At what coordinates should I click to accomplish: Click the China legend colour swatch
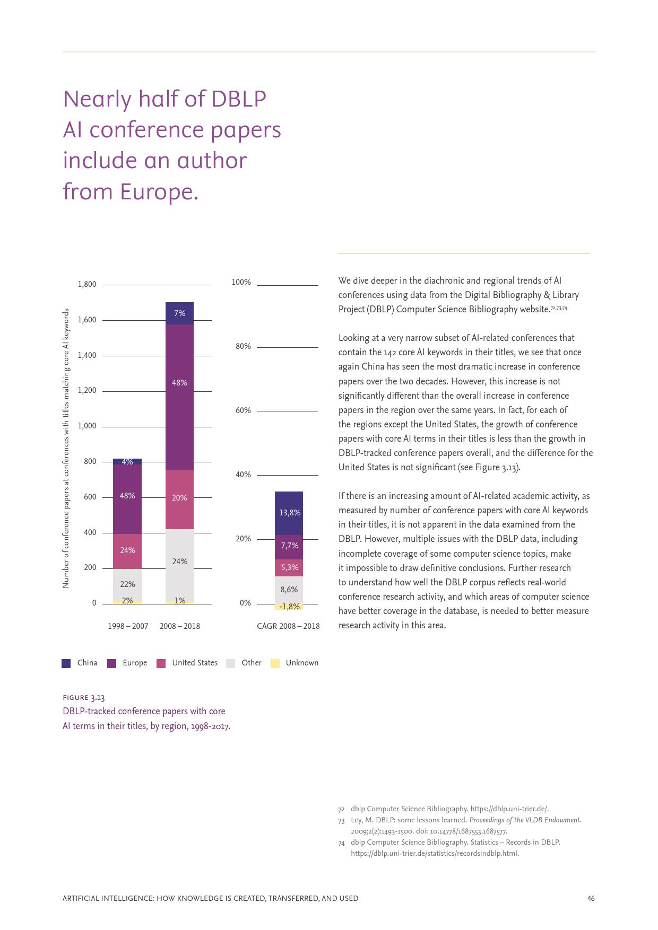[x=66, y=663]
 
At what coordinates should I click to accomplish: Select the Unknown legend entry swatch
[x=275, y=663]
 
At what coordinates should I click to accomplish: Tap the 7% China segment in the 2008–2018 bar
[x=179, y=313]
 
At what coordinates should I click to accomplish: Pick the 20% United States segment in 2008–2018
[x=179, y=498]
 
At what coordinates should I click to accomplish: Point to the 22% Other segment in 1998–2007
[x=127, y=584]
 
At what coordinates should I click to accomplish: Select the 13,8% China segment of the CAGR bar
[x=289, y=513]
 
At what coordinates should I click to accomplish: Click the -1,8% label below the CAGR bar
[x=289, y=607]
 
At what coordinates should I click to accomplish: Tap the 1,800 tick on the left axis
[x=87, y=284]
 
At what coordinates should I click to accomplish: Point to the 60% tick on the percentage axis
[x=243, y=410]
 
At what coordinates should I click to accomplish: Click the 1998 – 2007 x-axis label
[x=128, y=626]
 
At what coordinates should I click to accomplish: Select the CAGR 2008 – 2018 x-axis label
[x=288, y=626]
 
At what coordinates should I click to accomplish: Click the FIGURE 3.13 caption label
[x=84, y=697]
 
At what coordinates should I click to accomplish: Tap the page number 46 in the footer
[x=591, y=898]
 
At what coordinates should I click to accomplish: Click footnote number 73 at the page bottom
[x=341, y=820]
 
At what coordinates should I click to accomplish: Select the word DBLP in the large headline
[x=238, y=99]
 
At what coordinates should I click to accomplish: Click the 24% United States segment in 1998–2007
[x=127, y=550]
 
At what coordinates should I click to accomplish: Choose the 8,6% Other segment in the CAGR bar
[x=289, y=590]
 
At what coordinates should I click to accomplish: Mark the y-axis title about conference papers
[x=66, y=448]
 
